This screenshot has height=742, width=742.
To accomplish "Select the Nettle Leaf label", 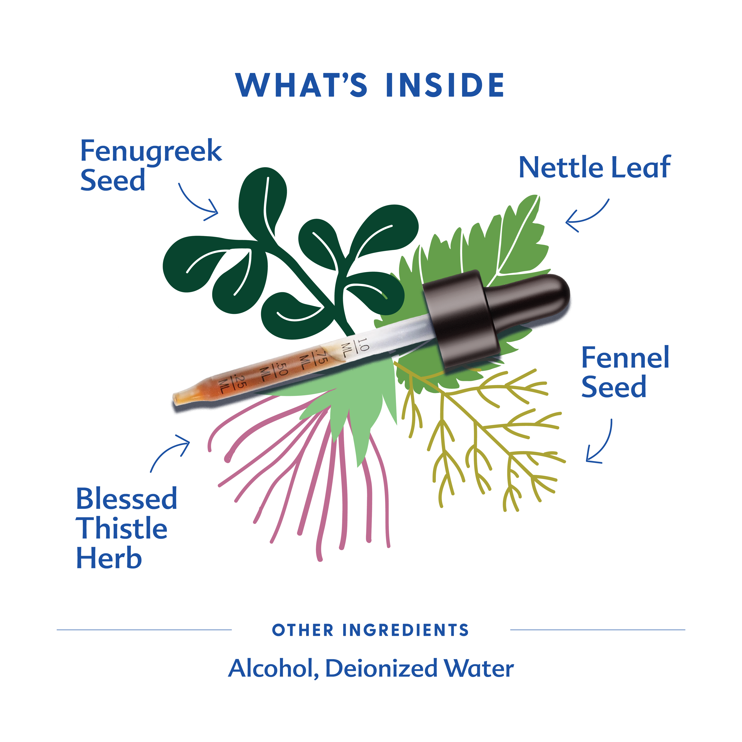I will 595,167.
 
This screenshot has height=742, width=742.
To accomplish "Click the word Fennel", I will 625,358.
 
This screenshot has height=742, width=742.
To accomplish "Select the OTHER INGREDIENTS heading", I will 370,630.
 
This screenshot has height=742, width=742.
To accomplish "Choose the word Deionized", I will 381,669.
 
